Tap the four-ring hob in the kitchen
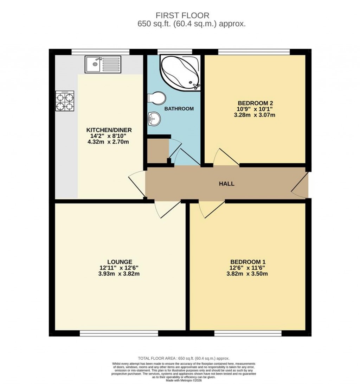[65, 101]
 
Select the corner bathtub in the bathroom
[180, 73]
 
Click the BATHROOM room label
[179, 109]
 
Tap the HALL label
[226, 184]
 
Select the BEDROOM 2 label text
[255, 103]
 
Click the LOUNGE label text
[120, 262]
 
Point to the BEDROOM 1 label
[247, 262]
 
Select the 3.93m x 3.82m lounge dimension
[120, 274]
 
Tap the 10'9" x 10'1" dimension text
[255, 109]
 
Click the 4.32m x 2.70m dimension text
[110, 142]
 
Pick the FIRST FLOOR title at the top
[182, 15]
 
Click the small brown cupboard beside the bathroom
[157, 151]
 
